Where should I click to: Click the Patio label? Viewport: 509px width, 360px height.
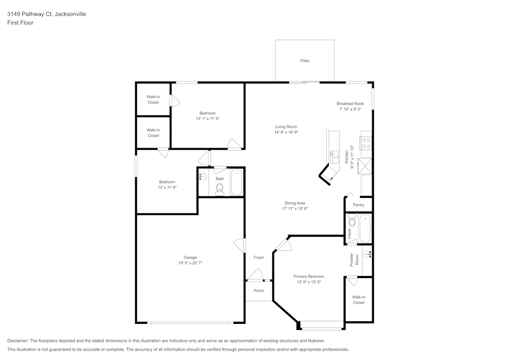[304, 61]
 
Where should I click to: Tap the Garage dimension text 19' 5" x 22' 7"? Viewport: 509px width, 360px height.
[190, 263]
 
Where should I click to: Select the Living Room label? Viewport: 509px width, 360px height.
[286, 127]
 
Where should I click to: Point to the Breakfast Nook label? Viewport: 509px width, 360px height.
[350, 103]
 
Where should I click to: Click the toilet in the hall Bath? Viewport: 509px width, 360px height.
[219, 189]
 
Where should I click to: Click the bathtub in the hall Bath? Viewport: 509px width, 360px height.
[236, 183]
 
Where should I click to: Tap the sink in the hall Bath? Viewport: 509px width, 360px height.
[203, 177]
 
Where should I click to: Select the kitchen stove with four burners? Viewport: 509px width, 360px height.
[366, 143]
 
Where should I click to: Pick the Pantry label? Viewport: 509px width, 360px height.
[358, 205]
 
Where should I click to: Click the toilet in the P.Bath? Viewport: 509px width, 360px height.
[352, 221]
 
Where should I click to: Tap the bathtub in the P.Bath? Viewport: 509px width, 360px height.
[365, 229]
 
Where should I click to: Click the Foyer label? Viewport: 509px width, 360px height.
[259, 258]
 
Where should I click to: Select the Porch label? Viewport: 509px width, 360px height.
[259, 291]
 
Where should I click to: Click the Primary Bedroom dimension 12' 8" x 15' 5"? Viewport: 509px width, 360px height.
[308, 282]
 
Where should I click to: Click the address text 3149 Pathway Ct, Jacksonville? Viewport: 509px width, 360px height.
[46, 14]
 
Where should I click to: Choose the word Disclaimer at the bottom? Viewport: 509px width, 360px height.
[18, 341]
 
